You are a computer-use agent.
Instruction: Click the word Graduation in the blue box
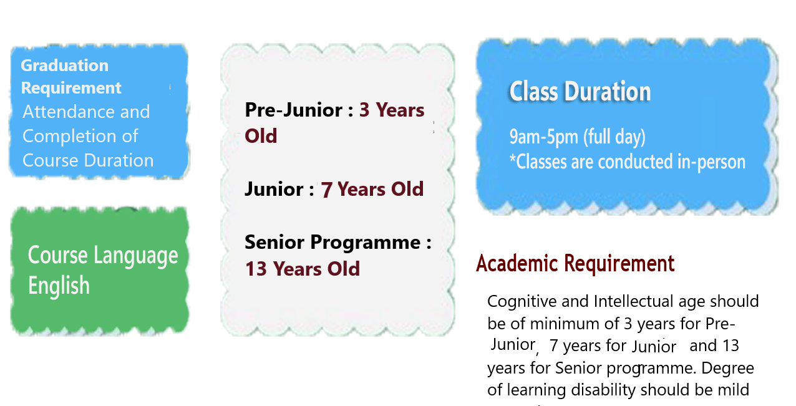pyautogui.click(x=65, y=65)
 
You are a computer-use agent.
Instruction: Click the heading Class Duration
pyautogui.click(x=580, y=91)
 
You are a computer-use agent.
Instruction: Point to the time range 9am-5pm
pyautogui.click(x=544, y=137)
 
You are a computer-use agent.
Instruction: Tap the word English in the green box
pyautogui.click(x=59, y=285)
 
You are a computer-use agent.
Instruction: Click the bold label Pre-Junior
pyautogui.click(x=294, y=110)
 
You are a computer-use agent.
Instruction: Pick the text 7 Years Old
pyautogui.click(x=372, y=189)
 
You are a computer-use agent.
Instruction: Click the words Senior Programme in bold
pyautogui.click(x=332, y=243)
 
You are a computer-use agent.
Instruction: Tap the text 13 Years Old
pyautogui.click(x=303, y=269)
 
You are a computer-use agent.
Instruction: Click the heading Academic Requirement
pyautogui.click(x=575, y=264)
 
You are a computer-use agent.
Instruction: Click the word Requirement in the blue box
pyautogui.click(x=71, y=89)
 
